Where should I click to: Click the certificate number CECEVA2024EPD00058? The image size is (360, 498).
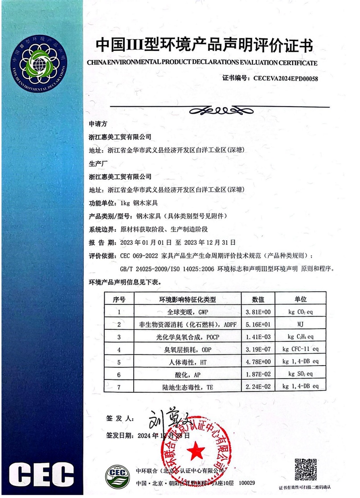pyautogui.click(x=285, y=78)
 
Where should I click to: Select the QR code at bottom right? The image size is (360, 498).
pyautogui.click(x=305, y=470)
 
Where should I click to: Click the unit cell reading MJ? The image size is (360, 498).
pyautogui.click(x=302, y=324)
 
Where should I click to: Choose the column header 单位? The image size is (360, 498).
pyautogui.click(x=302, y=299)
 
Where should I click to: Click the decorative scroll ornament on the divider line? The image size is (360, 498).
pyautogui.click(x=220, y=109)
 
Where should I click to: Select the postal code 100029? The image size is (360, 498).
pyautogui.click(x=247, y=483)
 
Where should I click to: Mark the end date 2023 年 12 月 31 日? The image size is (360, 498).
pyautogui.click(x=211, y=243)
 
